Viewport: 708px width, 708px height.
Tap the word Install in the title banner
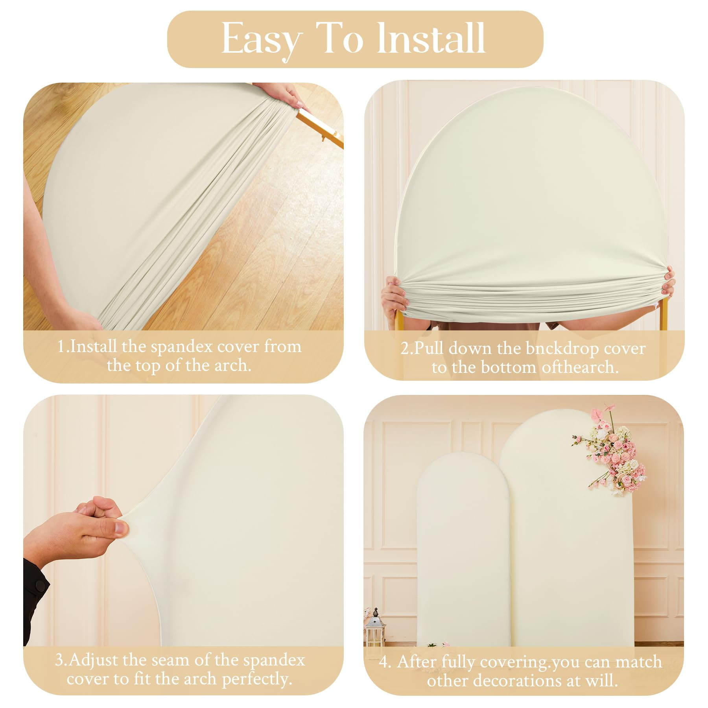pyautogui.click(x=431, y=39)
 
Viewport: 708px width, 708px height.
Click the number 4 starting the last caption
pyautogui.click(x=384, y=662)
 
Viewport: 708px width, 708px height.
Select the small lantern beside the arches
pyautogui.click(x=375, y=629)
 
